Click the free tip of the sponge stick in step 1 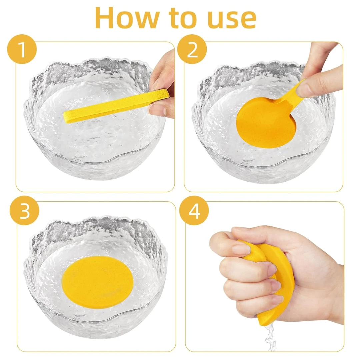pyautogui.click(x=67, y=117)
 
